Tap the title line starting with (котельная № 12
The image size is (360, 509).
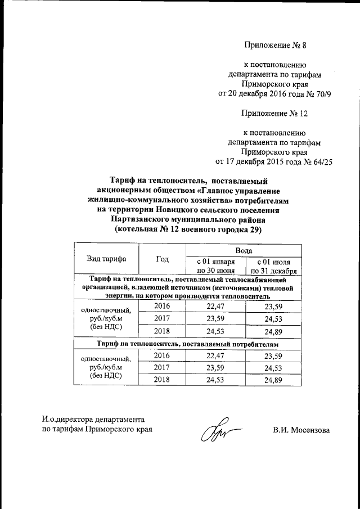point(188,230)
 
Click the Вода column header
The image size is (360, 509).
point(244,250)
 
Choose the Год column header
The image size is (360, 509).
point(162,259)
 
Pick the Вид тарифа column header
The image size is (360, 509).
point(106,259)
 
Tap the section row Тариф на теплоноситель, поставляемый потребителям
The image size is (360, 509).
point(188,344)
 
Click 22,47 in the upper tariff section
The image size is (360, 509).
point(215,305)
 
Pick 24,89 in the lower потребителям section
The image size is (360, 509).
point(273,381)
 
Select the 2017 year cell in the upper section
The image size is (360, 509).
point(162,318)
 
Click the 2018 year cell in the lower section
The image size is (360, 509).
point(162,381)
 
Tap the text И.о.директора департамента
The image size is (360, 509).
point(93,420)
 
